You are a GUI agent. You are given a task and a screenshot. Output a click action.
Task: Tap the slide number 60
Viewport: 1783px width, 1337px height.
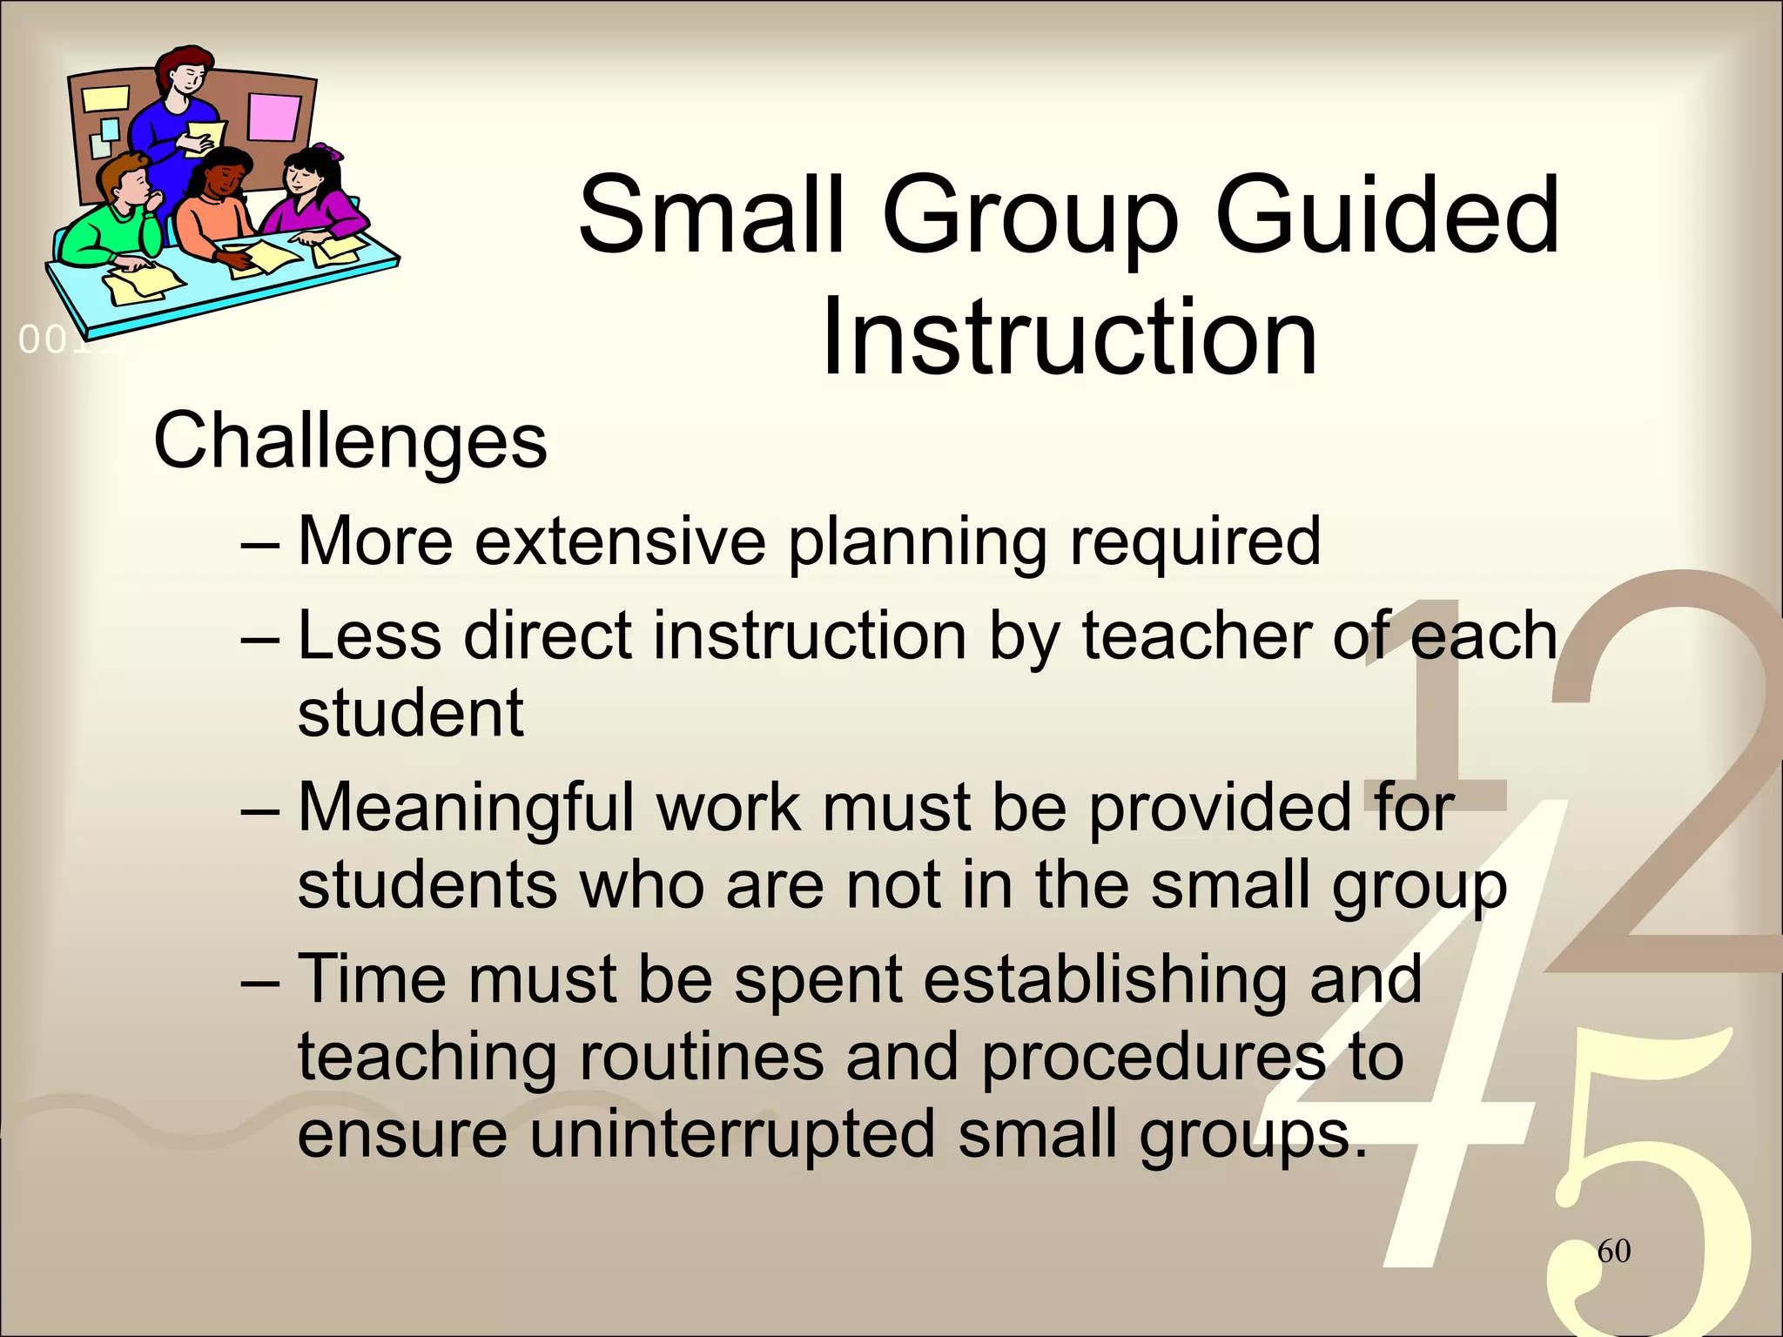(x=1613, y=1251)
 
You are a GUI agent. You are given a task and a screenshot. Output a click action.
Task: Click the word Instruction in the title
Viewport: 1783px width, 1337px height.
(x=1068, y=337)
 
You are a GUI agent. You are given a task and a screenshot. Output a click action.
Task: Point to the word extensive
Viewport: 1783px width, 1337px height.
(x=620, y=541)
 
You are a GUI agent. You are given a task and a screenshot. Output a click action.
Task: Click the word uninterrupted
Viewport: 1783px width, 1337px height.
(x=732, y=1134)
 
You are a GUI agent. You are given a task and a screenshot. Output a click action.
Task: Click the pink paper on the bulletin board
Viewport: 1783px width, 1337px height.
(x=272, y=117)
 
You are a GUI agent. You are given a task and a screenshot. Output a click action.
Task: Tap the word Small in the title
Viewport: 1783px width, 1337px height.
(x=711, y=215)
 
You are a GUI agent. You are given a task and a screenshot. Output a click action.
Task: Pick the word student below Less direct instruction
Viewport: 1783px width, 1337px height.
(x=410, y=713)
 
